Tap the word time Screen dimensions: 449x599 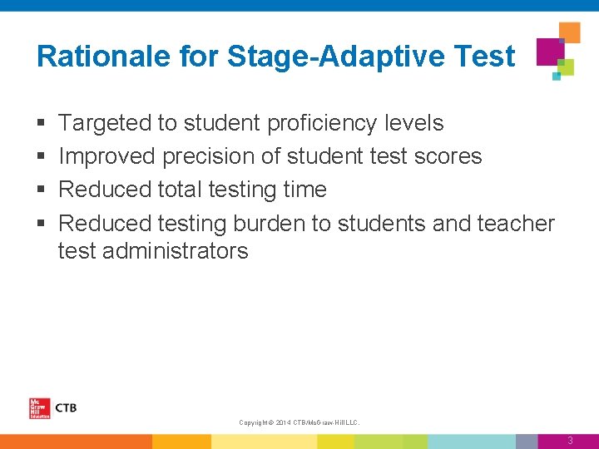coord(305,190)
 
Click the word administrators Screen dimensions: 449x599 coord(177,251)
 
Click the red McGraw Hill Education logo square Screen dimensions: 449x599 coord(39,408)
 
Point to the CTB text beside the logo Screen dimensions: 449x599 coord(66,407)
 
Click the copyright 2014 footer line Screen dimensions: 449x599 coord(299,423)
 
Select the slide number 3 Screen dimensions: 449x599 coord(570,441)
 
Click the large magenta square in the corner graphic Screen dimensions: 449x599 coord(549,51)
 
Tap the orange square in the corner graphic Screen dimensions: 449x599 coord(569,32)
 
